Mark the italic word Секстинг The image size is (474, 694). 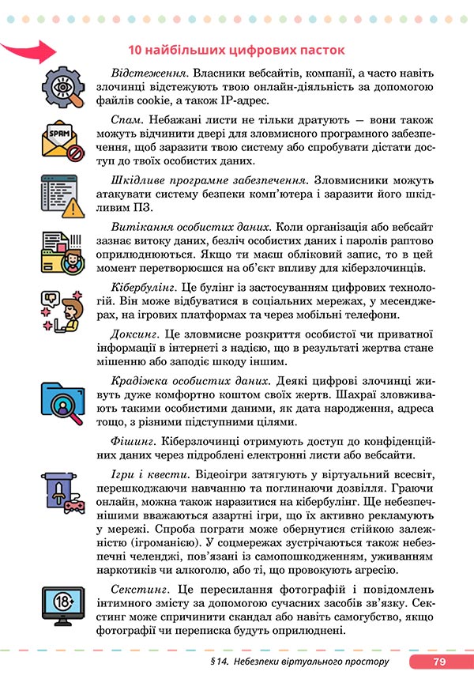[141, 590]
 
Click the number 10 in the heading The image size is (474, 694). [135, 51]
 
